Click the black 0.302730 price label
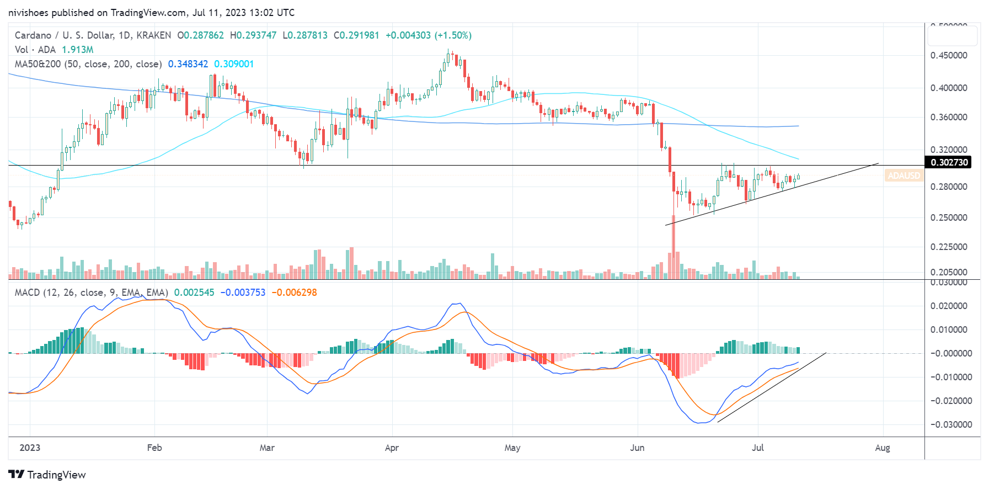pyautogui.click(x=949, y=162)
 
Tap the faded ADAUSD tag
pyautogui.click(x=904, y=176)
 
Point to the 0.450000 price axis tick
pyautogui.click(x=949, y=55)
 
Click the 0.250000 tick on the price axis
pyautogui.click(x=949, y=217)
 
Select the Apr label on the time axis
pyautogui.click(x=392, y=448)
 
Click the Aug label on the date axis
pyautogui.click(x=883, y=448)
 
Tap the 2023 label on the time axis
pyautogui.click(x=30, y=448)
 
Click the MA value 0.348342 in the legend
pyautogui.click(x=188, y=64)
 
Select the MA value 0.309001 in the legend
pyautogui.click(x=234, y=64)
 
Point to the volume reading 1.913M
pyautogui.click(x=78, y=50)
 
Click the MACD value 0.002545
pyautogui.click(x=194, y=293)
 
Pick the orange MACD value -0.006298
pyautogui.click(x=294, y=293)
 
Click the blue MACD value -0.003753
pyautogui.click(x=243, y=293)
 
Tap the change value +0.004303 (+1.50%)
pyautogui.click(x=429, y=35)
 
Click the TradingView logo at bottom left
pyautogui.click(x=47, y=475)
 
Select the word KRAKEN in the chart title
pyautogui.click(x=153, y=35)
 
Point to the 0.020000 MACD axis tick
pyautogui.click(x=949, y=306)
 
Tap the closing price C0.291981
pyautogui.click(x=356, y=35)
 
